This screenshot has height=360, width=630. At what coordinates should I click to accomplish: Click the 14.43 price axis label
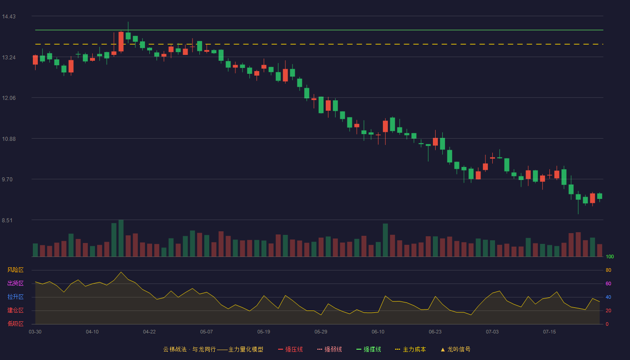tap(9, 17)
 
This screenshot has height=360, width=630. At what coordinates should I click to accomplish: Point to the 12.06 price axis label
tap(9, 98)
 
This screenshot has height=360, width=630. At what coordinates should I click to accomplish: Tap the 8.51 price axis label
tap(7, 220)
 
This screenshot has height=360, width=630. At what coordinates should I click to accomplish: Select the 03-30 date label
tap(35, 332)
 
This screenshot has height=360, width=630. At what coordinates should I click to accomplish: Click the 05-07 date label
tap(207, 332)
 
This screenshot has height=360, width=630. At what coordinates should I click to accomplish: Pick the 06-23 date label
tap(435, 332)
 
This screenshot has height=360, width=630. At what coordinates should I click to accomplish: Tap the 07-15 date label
tap(549, 332)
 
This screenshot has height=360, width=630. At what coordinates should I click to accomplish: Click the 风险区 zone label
tap(15, 270)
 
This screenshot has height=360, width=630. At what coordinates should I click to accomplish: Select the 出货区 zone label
tap(15, 283)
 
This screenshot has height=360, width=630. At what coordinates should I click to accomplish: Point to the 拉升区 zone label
tap(15, 297)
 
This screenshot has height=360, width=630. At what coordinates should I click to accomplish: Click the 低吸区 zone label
tap(15, 324)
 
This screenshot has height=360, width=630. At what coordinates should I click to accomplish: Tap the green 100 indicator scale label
tap(610, 256)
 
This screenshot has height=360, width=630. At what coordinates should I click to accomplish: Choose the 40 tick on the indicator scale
tap(608, 297)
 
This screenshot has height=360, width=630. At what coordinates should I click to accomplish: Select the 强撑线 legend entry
tap(369, 349)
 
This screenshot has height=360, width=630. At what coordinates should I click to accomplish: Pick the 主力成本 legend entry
tap(410, 349)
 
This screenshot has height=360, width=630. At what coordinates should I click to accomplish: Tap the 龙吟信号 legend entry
tap(455, 349)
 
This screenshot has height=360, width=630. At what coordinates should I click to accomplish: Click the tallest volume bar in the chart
tap(121, 238)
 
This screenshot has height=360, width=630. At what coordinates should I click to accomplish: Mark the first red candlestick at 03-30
tap(35, 60)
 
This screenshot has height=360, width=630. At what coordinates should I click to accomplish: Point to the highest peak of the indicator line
tap(121, 272)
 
